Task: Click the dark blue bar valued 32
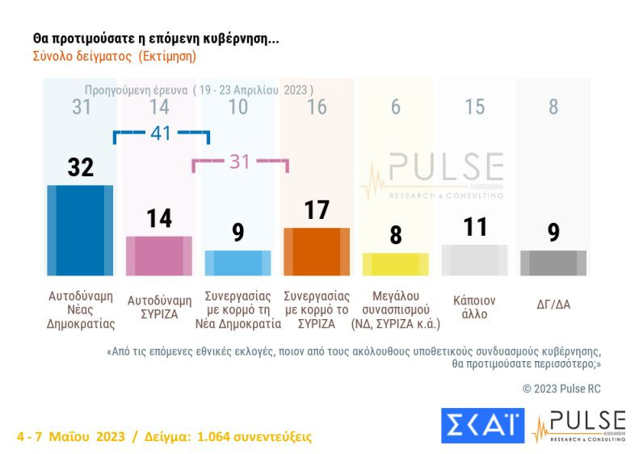[80, 230]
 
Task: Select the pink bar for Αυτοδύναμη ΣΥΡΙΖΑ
[159, 256]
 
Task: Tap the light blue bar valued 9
[238, 263]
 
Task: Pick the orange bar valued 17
[317, 251]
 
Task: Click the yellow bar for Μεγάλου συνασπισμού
[395, 264]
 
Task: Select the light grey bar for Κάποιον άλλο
[474, 260]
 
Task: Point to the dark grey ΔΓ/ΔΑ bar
[553, 263]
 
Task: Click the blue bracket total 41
[161, 133]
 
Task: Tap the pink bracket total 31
[240, 162]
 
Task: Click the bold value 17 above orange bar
[317, 210]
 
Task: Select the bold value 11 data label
[474, 227]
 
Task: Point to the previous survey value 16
[317, 107]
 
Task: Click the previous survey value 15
[474, 107]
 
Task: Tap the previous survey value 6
[395, 107]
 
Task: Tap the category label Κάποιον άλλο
[474, 307]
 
